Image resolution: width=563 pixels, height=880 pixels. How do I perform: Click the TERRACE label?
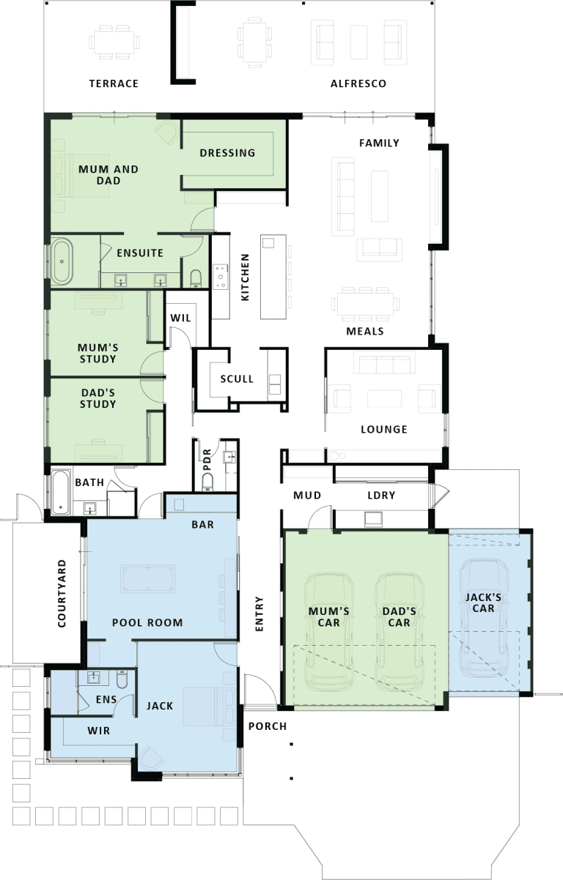(x=114, y=83)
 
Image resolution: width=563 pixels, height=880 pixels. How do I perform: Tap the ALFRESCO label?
(x=358, y=83)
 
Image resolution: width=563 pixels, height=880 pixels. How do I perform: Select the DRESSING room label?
(x=227, y=153)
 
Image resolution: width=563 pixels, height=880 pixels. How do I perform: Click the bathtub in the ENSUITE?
(x=62, y=261)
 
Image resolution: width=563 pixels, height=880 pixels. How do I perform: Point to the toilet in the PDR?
(x=207, y=482)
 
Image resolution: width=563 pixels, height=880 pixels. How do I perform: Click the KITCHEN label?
(x=245, y=277)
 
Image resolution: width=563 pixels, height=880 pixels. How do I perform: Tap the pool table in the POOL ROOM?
(x=148, y=578)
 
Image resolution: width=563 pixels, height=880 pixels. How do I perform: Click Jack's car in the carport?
(x=483, y=618)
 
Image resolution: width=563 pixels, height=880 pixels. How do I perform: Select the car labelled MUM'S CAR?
(x=329, y=632)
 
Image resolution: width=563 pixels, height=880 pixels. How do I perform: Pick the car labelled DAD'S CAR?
(x=400, y=632)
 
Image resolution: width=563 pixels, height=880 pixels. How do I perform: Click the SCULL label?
(x=237, y=379)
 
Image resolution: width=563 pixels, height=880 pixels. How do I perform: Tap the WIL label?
(x=180, y=318)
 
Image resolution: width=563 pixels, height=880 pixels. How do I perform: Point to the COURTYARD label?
(x=62, y=594)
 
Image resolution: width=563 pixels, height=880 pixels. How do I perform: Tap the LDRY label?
(x=381, y=496)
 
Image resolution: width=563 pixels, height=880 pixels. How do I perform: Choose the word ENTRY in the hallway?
(x=259, y=614)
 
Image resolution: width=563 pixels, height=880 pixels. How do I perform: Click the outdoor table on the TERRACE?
(x=114, y=42)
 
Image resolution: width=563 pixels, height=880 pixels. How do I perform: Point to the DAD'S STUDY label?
(x=98, y=398)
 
